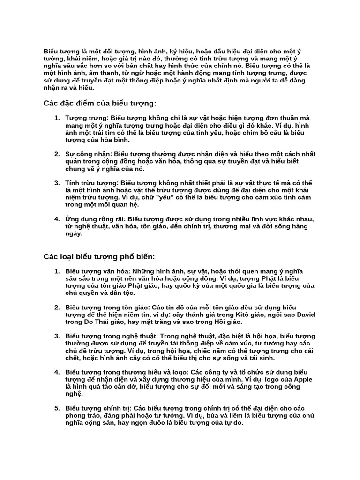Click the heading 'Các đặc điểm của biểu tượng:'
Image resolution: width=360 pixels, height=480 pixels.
(99, 103)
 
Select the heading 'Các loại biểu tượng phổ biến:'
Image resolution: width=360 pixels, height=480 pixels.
(99, 257)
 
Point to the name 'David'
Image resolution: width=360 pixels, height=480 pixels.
(304, 314)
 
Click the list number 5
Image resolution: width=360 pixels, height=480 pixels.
(57, 408)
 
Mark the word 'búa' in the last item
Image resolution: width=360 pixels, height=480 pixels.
(226, 415)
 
